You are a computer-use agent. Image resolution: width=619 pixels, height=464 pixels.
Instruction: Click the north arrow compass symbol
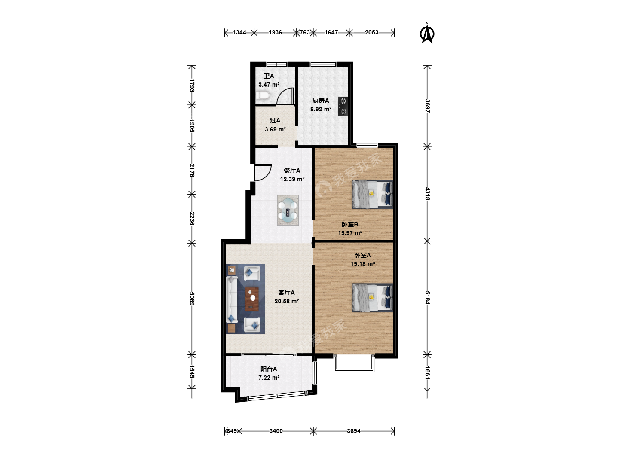click(x=427, y=33)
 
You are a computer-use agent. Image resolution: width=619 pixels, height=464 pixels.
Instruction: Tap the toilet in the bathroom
click(x=263, y=96)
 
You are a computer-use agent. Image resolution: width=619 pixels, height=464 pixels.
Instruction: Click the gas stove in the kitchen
click(x=343, y=106)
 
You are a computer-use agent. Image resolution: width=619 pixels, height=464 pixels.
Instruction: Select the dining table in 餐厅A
click(x=288, y=211)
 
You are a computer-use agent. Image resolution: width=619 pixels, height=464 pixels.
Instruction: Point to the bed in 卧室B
click(x=372, y=194)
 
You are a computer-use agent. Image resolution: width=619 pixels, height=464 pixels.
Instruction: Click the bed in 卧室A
click(x=372, y=298)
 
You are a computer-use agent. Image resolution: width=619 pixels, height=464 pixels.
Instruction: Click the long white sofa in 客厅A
click(x=232, y=299)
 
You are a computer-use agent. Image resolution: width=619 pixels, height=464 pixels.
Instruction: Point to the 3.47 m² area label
click(x=269, y=85)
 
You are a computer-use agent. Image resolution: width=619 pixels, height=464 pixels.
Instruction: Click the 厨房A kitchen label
click(x=321, y=101)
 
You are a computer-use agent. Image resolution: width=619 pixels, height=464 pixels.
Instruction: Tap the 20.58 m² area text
click(x=287, y=301)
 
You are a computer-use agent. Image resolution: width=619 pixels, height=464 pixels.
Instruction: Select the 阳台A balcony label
click(x=269, y=369)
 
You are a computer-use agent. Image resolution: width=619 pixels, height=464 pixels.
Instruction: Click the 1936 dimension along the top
click(x=275, y=32)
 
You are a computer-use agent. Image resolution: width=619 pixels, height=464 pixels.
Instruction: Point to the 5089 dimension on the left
click(x=192, y=299)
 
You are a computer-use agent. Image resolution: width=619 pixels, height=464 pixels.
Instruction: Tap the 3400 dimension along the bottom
click(x=276, y=431)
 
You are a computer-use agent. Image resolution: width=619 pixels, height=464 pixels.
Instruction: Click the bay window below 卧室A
click(x=354, y=363)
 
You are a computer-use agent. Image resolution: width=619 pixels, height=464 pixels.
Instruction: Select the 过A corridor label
click(x=275, y=121)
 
